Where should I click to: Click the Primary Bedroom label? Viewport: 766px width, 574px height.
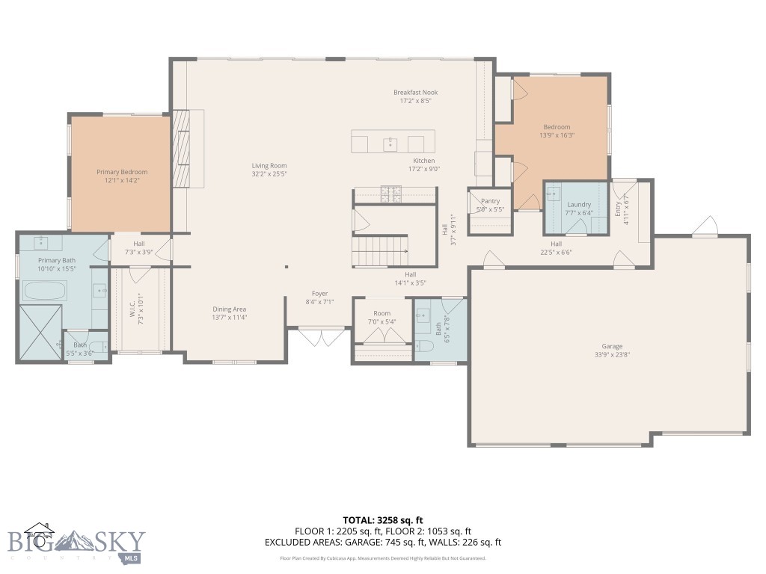coord(122,172)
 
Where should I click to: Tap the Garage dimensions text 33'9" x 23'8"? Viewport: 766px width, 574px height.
coord(612,355)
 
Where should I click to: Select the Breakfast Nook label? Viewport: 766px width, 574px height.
coord(412,92)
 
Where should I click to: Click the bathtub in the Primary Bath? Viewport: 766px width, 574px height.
coord(45,289)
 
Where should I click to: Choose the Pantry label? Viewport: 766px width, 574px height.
coord(490,201)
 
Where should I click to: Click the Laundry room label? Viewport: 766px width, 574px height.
coord(579,204)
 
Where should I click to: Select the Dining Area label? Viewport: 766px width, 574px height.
coord(229,309)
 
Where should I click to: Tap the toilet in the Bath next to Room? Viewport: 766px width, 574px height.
coord(423,345)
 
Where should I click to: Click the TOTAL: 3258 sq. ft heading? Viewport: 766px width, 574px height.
coord(383,519)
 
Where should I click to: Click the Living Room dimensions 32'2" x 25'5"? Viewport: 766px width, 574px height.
coord(269,174)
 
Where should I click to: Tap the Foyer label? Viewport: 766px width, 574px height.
coord(319,294)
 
